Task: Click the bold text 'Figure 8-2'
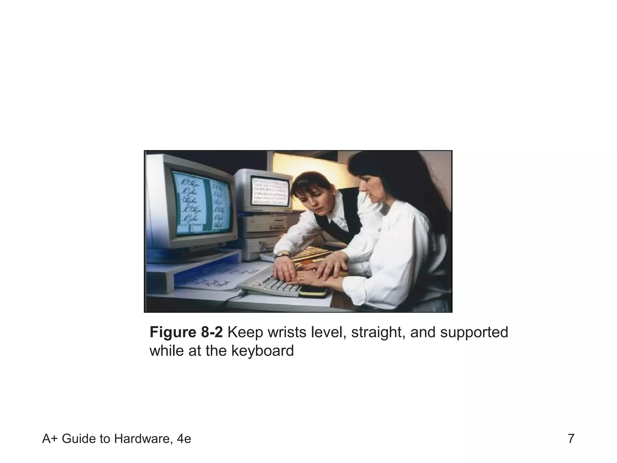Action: click(x=186, y=332)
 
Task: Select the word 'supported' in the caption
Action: click(x=474, y=332)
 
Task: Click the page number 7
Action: click(x=571, y=439)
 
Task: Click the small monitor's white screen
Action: click(x=270, y=192)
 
